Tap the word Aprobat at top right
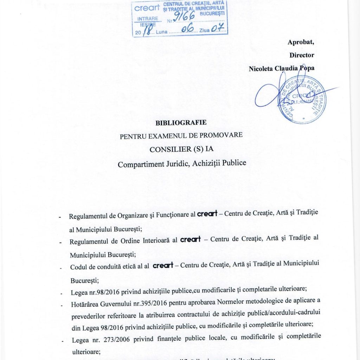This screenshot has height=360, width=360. tap(301, 42)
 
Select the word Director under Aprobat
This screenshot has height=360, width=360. tap(302, 55)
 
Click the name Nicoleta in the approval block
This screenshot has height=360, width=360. tap(262, 69)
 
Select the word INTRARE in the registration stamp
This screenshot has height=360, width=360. tap(148, 19)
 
